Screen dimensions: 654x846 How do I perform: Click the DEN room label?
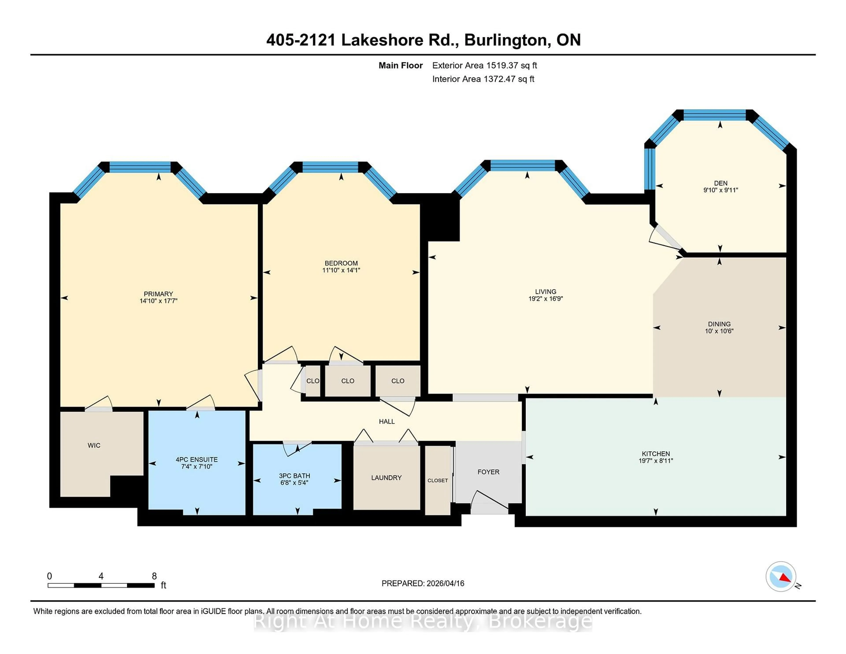pos(720,183)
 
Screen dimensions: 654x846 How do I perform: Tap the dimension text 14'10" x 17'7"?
pos(158,301)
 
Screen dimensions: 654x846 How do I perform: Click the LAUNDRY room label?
pos(386,478)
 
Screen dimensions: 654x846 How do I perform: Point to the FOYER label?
pos(488,472)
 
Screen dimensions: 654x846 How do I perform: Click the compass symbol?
pos(781,576)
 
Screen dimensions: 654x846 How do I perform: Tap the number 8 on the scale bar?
pos(154,576)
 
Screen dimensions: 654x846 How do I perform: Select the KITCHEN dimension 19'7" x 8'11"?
pos(655,461)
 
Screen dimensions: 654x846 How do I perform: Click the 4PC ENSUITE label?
pos(197,459)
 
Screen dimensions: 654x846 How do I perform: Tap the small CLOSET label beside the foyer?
pos(438,480)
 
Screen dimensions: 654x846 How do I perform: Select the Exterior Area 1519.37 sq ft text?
pos(484,65)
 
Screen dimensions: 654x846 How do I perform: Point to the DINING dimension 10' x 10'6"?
pos(719,331)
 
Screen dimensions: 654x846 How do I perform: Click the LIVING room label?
pos(545,291)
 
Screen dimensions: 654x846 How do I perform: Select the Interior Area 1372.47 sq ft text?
pos(483,79)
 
